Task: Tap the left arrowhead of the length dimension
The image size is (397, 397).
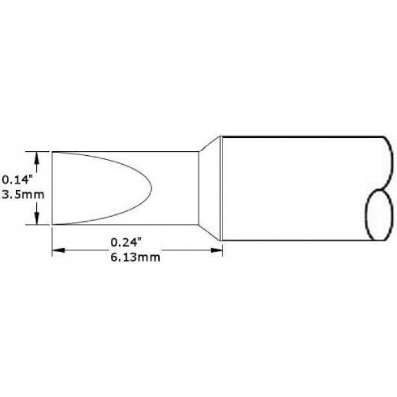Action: point(57,250)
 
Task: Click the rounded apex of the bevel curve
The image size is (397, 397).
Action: point(151,188)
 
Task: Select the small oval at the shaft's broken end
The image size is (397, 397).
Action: point(378,215)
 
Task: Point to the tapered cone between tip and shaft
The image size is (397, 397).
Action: point(208,188)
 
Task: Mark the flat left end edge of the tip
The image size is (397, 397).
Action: point(52,188)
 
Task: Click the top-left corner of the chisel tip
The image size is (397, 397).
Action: point(52,152)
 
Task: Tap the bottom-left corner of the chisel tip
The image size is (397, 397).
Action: point(52,224)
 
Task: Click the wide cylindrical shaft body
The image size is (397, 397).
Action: point(298,188)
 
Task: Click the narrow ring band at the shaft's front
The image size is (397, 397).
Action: point(221,188)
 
